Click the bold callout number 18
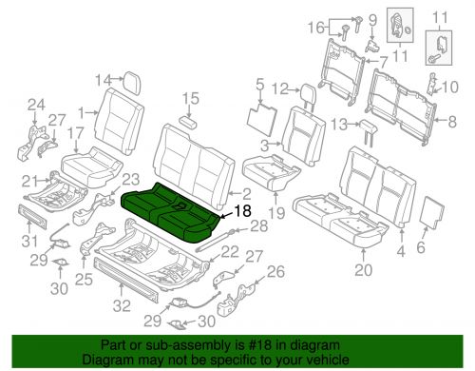tap(242, 211)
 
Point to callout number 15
tap(190, 98)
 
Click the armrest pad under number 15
tap(188, 122)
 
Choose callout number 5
tap(259, 85)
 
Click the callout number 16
tap(317, 28)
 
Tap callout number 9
tap(372, 21)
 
